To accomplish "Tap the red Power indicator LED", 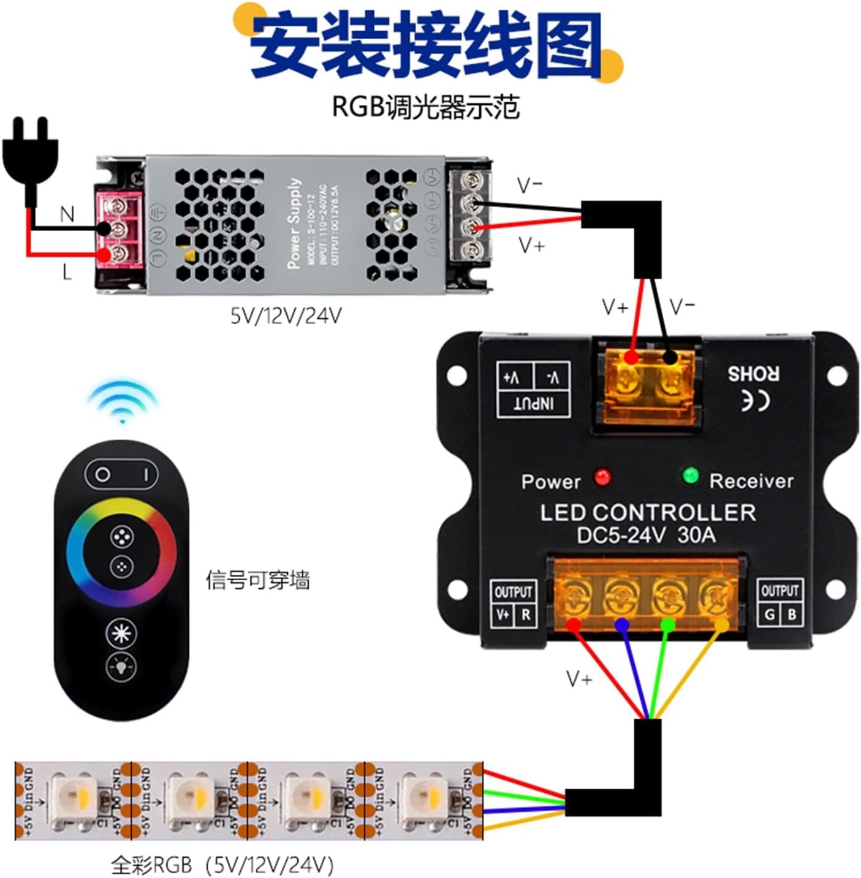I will coord(602,477).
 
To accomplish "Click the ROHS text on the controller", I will coord(753,373).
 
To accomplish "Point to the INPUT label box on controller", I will coord(534,390).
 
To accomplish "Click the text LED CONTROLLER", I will coord(648,513).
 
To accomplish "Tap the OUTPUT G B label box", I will coord(779,602).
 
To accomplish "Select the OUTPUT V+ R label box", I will coord(514,603).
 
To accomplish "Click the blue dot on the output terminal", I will coord(622,624).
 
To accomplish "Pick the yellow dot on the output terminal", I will coord(722,624).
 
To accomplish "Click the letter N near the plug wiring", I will coord(67,214).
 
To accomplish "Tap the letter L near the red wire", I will coord(67,272).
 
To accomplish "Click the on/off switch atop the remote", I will coord(121,474).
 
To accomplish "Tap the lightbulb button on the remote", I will coord(121,666).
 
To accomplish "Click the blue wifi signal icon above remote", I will coord(123,401).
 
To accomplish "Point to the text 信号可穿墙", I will coord(257,579).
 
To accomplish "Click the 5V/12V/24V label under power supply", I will coord(286,316).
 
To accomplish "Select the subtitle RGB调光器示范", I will coord(425,107).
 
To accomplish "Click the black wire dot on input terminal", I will coord(671,357).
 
